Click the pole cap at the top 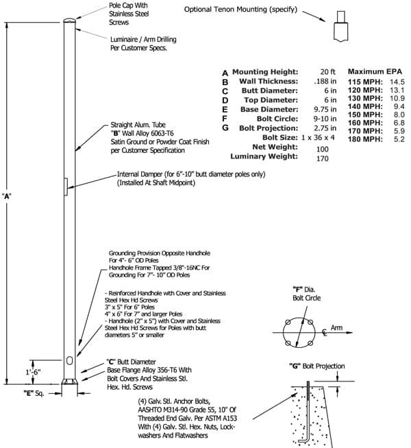70,21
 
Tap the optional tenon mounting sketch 341,26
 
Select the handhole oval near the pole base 69,360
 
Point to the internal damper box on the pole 66,187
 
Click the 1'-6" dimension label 34,372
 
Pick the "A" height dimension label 7,196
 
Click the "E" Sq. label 34,393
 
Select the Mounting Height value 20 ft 327,72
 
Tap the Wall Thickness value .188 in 325,81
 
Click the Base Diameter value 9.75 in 325,110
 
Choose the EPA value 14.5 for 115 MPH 397,82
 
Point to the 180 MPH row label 365,139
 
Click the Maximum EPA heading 375,71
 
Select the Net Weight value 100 323,149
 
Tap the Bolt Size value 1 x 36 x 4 318,137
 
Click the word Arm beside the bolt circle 336,328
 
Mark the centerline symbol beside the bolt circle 324,332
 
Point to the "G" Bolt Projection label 317,366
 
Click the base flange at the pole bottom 70,381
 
